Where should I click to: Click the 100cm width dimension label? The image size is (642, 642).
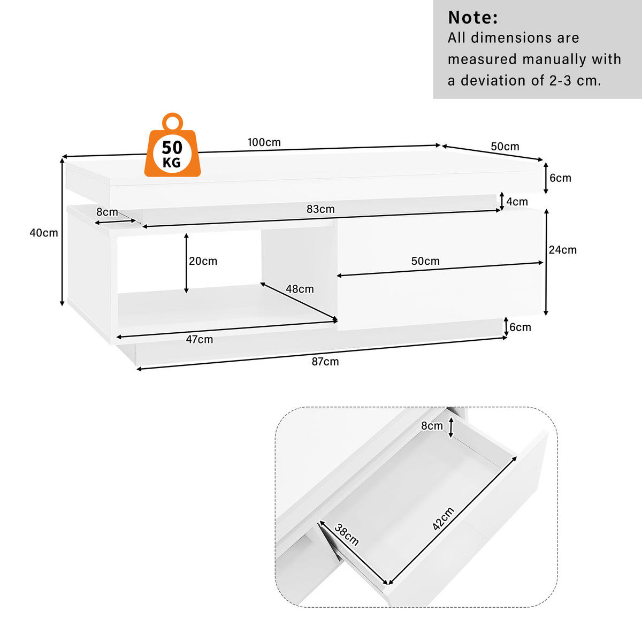tap(264, 142)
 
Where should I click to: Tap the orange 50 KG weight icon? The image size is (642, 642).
tap(172, 147)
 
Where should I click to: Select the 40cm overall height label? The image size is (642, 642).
tap(44, 233)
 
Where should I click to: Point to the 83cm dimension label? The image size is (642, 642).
tap(320, 209)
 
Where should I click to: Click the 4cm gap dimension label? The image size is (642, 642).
tap(517, 202)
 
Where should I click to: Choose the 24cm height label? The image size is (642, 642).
tap(562, 249)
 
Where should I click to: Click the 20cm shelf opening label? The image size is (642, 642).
tap(203, 261)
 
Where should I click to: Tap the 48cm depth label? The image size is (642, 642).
tap(300, 289)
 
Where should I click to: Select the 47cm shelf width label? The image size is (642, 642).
tap(200, 339)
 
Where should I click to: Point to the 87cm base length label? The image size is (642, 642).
tap(325, 361)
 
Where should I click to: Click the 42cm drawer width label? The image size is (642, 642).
tap(443, 518)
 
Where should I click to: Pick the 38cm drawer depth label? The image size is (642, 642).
tap(347, 534)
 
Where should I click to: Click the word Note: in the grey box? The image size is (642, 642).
tap(473, 18)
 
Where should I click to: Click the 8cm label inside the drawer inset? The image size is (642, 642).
tap(432, 426)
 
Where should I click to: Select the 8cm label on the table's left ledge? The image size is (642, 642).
tap(107, 212)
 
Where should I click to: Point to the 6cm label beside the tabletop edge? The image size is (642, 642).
tap(560, 178)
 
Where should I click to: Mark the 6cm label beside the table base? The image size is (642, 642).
tap(520, 327)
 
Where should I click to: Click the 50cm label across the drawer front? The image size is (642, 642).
tap(425, 261)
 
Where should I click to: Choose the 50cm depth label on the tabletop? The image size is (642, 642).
tap(505, 146)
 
